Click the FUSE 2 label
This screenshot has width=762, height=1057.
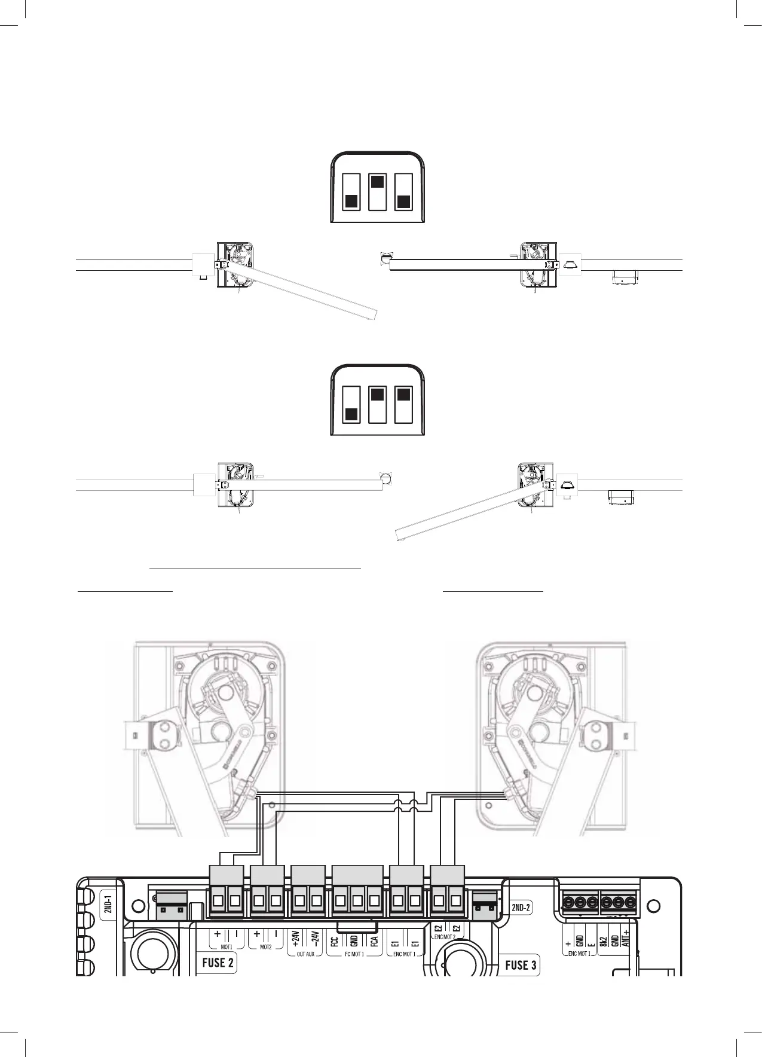pos(218,963)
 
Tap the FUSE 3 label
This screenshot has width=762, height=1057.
pos(521,964)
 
